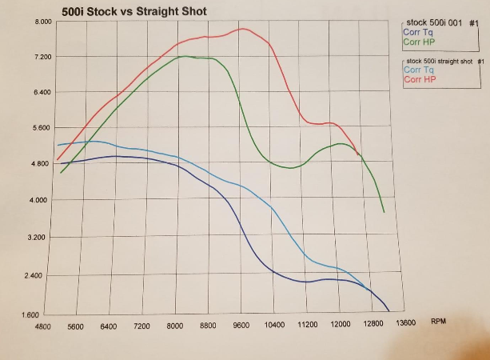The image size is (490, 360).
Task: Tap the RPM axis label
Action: (438, 321)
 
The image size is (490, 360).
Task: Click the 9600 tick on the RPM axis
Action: (241, 325)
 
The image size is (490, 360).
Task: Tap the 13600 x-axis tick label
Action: (405, 323)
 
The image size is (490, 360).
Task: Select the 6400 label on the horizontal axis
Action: (110, 326)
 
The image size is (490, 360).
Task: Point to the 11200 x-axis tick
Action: (307, 325)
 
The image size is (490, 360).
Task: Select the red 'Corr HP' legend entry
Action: (420, 79)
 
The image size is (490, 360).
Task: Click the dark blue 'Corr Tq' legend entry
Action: (416, 32)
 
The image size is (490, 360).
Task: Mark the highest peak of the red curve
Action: (241, 29)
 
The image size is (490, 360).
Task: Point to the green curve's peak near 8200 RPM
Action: (185, 56)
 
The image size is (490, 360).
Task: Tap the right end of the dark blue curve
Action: (388, 310)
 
